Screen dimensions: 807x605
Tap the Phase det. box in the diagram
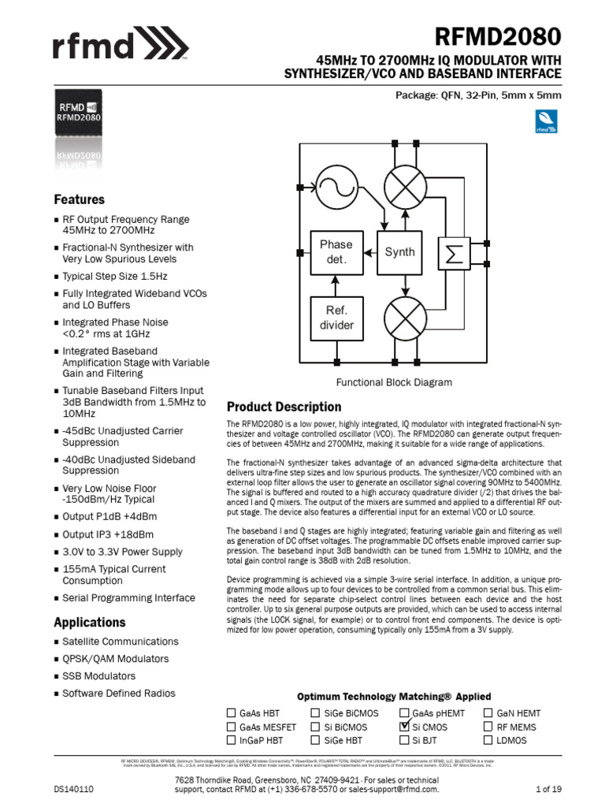[336, 251]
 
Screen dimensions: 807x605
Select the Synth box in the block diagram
[399, 252]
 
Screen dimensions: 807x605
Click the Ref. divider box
[336, 317]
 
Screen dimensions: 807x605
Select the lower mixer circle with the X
[405, 318]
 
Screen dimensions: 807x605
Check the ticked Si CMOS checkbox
[405, 727]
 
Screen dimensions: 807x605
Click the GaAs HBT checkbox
[232, 713]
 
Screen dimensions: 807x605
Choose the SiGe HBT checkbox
[317, 740]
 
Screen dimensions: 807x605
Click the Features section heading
[79, 199]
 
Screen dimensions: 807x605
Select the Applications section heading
[89, 622]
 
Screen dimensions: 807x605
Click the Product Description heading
[284, 407]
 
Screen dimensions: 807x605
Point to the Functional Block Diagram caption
[394, 382]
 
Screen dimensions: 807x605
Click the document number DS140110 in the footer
[74, 789]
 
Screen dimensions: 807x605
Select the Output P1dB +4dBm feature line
[109, 516]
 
